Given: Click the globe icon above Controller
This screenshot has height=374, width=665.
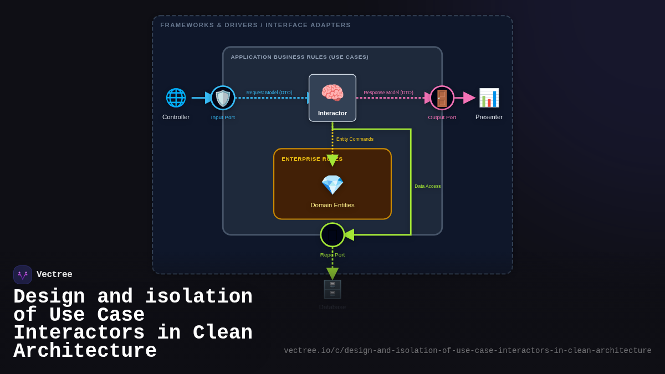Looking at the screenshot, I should click(x=176, y=98).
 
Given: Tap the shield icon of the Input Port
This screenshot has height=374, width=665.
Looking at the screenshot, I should click(x=223, y=98).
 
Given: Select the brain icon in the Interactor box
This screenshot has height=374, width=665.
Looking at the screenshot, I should click(x=332, y=93).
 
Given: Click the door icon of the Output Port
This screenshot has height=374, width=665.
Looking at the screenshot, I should click(x=442, y=98).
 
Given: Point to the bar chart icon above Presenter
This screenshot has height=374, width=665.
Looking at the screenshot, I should click(x=489, y=98).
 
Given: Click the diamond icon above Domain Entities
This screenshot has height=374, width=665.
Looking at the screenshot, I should click(x=332, y=185).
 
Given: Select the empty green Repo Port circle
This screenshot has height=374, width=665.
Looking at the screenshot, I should click(x=332, y=235).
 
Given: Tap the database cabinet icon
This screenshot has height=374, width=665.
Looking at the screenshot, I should click(x=332, y=289).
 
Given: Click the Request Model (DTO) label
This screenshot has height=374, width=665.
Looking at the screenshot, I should click(x=269, y=93).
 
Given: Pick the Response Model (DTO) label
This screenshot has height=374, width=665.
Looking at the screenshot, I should click(x=388, y=93).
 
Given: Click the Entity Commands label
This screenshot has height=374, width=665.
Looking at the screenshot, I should click(x=355, y=139).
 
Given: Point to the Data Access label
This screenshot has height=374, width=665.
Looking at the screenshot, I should click(x=427, y=186).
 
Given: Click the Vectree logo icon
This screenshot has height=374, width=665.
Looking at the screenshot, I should click(x=23, y=275).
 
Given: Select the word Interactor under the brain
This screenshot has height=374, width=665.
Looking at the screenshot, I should click(x=332, y=113).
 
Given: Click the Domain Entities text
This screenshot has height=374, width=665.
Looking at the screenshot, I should click(x=332, y=205).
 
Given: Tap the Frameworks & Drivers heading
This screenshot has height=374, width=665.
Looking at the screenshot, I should click(x=255, y=25).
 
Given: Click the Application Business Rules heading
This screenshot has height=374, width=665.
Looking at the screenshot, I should click(x=299, y=57).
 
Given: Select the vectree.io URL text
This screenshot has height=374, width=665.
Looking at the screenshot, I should click(x=467, y=351).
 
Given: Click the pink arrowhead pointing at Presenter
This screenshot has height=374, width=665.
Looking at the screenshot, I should click(x=469, y=98).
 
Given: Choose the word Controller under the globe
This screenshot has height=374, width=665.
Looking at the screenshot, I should click(x=176, y=117).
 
